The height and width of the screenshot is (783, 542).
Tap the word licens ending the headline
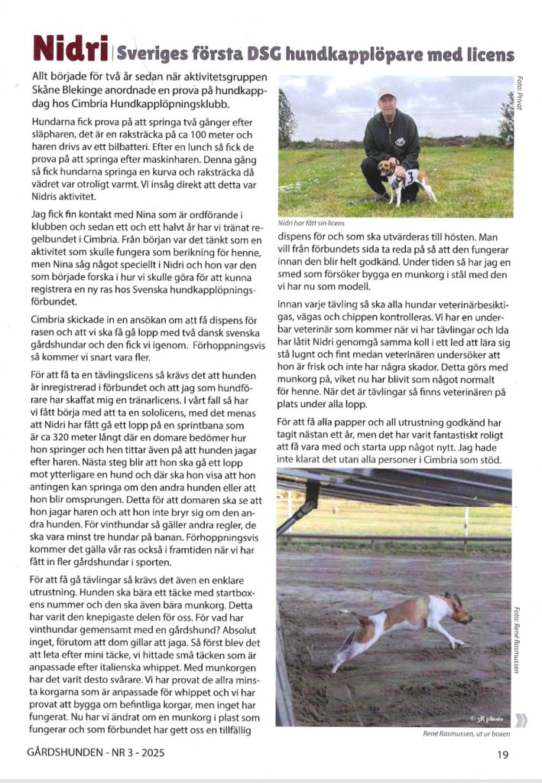coord(486,54)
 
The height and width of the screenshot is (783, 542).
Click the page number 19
coord(503,753)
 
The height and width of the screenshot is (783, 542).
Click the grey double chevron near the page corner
coord(522,719)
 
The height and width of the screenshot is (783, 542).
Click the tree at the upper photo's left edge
coord(286,119)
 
